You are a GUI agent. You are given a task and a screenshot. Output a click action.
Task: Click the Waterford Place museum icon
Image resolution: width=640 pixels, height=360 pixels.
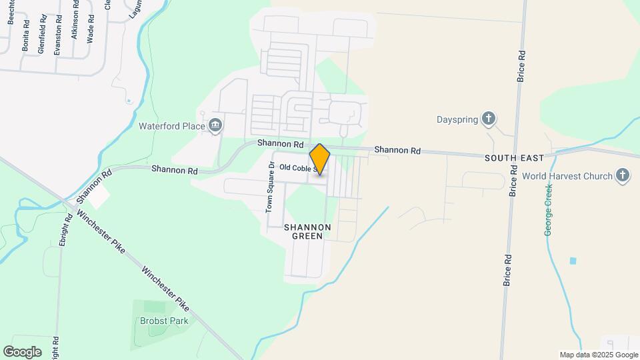(215, 125)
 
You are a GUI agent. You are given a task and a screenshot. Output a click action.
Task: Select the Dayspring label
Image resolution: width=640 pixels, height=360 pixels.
(457, 120)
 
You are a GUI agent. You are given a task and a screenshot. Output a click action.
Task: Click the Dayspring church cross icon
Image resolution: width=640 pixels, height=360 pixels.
(489, 119)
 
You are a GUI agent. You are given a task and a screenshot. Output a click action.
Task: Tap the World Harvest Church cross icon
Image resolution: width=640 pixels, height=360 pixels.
(623, 175)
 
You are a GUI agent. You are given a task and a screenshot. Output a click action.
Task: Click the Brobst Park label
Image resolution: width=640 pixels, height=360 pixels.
(164, 321)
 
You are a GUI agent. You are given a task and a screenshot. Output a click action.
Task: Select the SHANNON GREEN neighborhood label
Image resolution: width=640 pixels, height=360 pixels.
(307, 231)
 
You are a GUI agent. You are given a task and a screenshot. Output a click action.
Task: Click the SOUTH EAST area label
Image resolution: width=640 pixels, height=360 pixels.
(514, 158)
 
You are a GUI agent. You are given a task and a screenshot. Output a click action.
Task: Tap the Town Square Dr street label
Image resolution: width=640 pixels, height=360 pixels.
(271, 187)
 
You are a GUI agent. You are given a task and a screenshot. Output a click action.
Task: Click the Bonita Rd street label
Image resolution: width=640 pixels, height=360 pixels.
(25, 35)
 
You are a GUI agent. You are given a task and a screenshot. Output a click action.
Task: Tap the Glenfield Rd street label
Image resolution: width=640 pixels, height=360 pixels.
(41, 35)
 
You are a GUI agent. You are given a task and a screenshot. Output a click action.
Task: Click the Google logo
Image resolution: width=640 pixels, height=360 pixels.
(22, 351)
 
